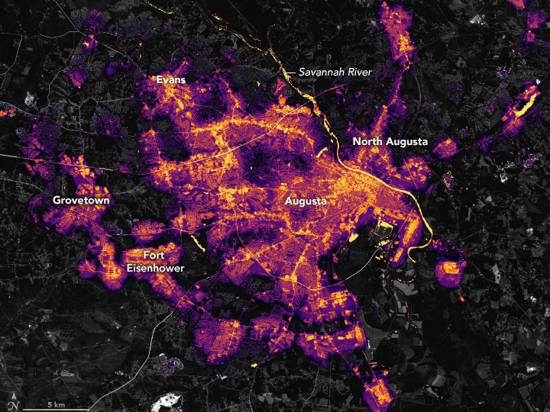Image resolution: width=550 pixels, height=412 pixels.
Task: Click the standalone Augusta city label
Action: click(x=306, y=201)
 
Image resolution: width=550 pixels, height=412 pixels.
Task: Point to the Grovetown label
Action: click(x=81, y=200)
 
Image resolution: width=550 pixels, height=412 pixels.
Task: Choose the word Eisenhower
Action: click(x=154, y=268)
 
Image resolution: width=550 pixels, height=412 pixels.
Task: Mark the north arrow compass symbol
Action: click(x=11, y=402)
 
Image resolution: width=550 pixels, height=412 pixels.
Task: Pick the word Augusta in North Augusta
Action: click(x=408, y=142)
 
